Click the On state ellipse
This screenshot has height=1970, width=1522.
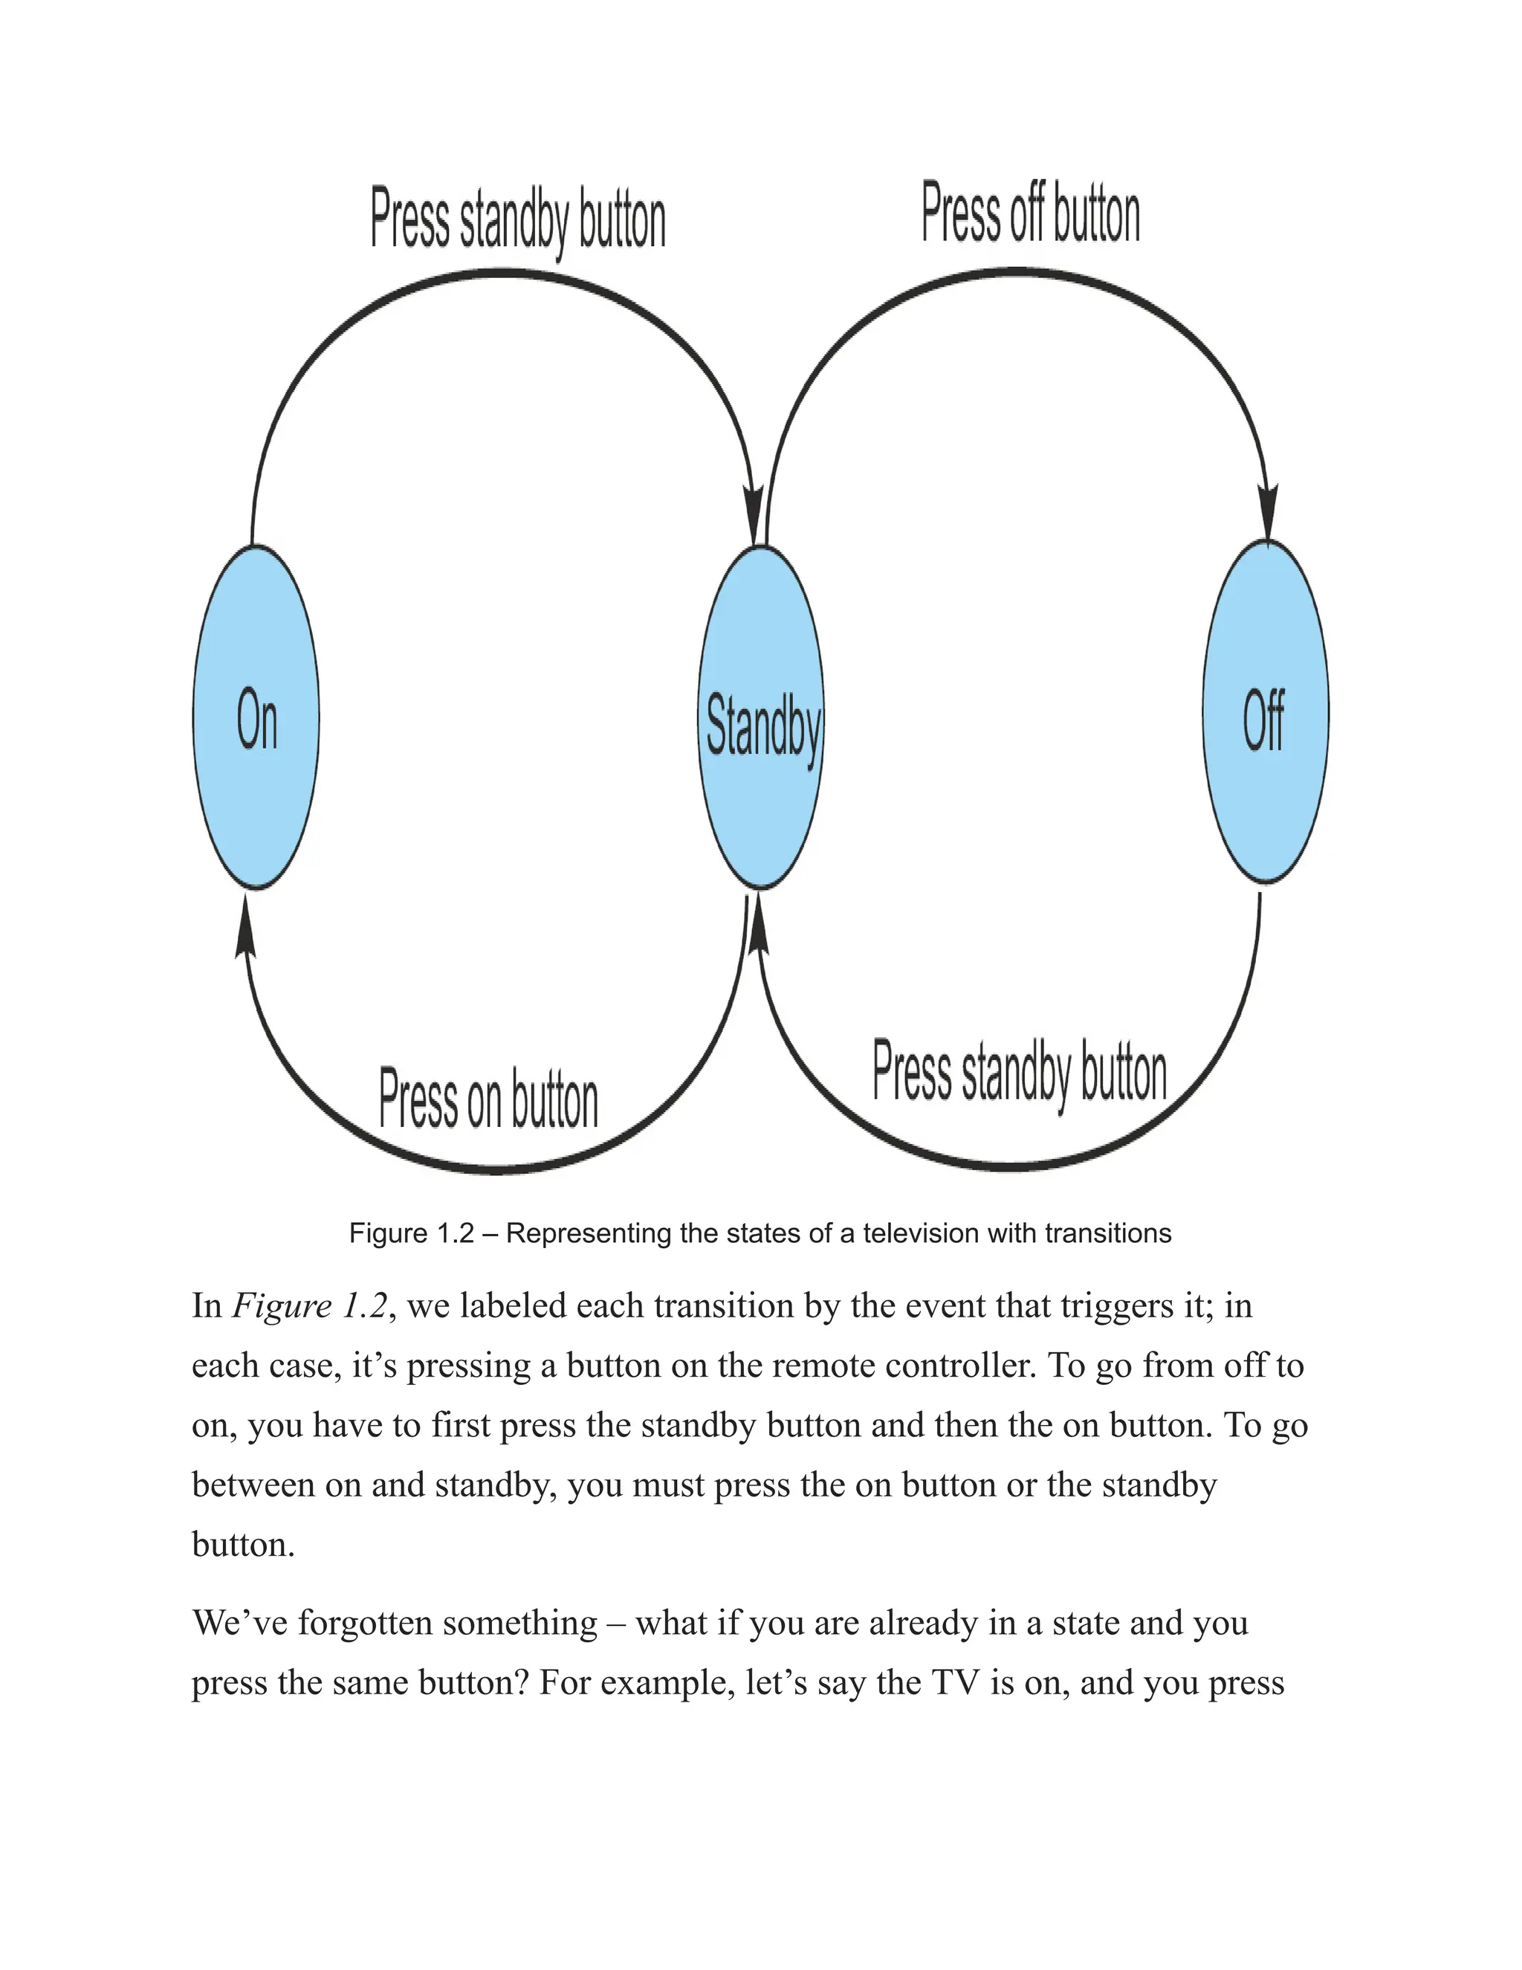point(256,717)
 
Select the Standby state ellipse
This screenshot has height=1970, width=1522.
point(762,717)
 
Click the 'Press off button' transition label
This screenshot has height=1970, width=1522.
point(1031,215)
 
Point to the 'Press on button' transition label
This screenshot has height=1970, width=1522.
point(488,1099)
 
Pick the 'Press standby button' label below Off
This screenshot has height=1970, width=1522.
point(1019,1073)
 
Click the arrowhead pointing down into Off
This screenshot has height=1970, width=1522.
point(1268,514)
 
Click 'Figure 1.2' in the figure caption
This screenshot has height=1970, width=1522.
point(411,1233)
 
